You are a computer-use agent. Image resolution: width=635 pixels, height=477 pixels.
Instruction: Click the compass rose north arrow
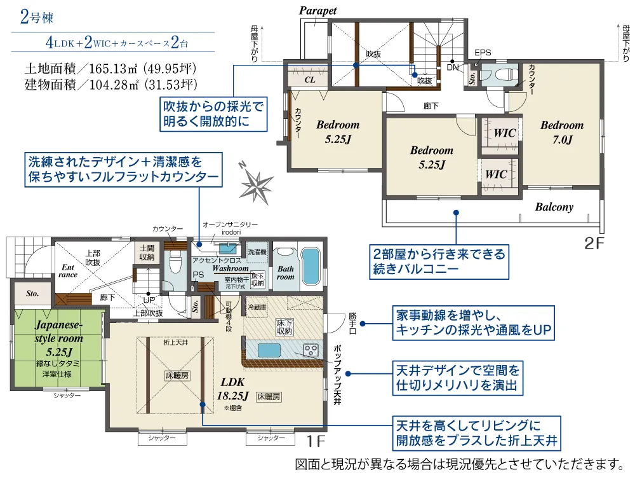(256, 184)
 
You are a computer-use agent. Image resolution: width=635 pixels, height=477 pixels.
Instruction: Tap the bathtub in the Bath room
(311, 267)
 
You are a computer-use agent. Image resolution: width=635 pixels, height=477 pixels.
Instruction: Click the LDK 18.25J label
(233, 388)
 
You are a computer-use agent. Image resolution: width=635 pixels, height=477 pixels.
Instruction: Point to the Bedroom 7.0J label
(562, 132)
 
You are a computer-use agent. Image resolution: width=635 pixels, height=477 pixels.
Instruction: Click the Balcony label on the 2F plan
(554, 207)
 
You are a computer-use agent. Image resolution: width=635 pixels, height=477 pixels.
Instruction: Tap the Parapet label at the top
(318, 11)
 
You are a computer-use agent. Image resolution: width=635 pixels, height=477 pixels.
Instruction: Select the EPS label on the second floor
(483, 53)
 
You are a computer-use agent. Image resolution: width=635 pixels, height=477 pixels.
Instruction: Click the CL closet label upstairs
(310, 80)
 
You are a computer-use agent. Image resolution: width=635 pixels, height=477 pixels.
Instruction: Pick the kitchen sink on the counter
(269, 350)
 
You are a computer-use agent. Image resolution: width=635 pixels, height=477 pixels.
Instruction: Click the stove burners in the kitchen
(311, 350)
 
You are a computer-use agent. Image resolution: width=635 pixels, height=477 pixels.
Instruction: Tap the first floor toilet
(175, 262)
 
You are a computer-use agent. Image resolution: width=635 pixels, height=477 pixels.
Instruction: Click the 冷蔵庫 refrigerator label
(257, 307)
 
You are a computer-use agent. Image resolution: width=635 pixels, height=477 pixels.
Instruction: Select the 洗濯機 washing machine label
(257, 252)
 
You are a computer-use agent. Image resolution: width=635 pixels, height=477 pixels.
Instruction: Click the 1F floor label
(316, 441)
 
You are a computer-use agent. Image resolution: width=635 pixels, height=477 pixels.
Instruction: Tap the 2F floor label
(594, 243)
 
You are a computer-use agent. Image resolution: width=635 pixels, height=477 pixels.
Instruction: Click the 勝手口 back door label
(352, 323)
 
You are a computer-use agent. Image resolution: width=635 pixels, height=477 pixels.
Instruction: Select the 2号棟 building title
(36, 17)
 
